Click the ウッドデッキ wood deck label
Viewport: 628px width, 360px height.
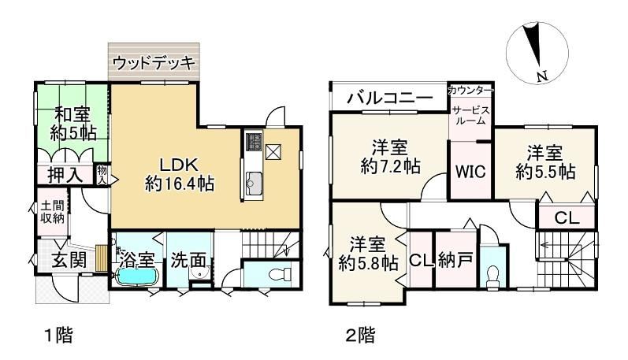(154, 63)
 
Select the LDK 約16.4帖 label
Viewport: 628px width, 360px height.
(179, 175)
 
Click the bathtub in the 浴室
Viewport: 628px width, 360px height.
(137, 276)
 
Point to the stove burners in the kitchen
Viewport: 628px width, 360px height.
(254, 143)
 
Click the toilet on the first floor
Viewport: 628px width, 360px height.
(279, 274)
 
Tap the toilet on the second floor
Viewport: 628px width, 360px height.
(492, 276)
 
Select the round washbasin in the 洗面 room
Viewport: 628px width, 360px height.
(199, 273)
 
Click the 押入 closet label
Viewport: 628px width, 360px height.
(65, 175)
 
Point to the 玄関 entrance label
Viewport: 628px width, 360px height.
(69, 261)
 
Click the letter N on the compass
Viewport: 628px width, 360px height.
(542, 76)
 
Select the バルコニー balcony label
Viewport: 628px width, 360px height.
(390, 98)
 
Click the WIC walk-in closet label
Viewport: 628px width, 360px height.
(470, 172)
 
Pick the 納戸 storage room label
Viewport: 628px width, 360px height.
(455, 261)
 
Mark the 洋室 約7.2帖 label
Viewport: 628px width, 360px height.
(390, 156)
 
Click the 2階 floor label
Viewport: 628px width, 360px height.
(360, 335)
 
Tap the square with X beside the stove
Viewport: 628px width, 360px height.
(273, 152)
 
